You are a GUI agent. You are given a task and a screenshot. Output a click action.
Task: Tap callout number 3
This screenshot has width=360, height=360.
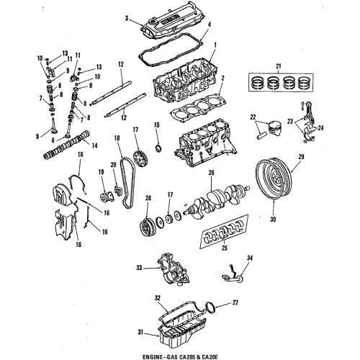(x=127, y=17)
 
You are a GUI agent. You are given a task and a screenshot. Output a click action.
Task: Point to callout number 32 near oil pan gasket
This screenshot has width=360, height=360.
(x=156, y=297)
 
